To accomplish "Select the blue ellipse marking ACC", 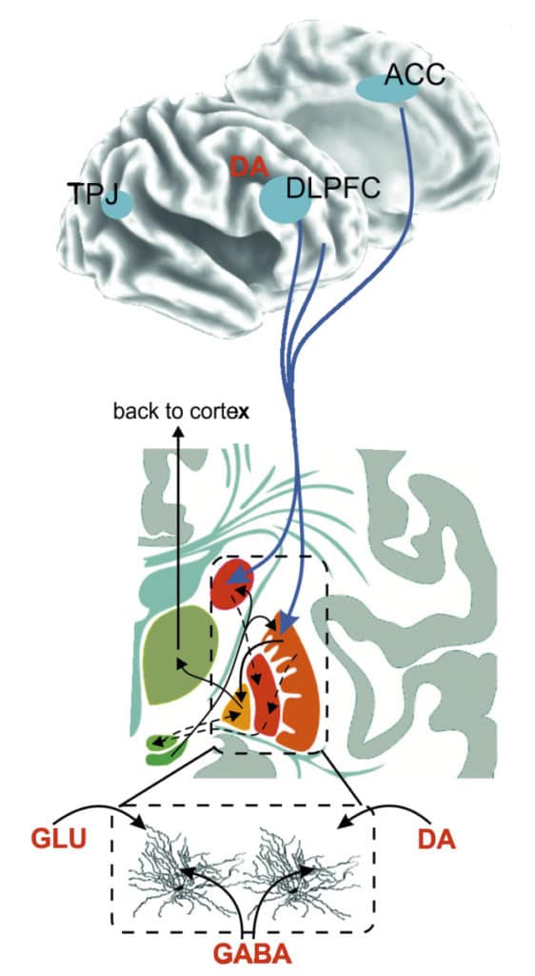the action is click(386, 90).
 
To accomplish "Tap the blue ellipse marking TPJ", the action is click(116, 206).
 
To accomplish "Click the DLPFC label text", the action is click(332, 190).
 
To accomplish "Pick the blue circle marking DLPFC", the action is click(286, 200).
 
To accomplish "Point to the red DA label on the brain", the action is click(248, 166).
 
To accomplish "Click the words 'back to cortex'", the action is click(182, 413).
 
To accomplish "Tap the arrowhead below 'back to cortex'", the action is click(178, 434).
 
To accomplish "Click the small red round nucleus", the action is click(231, 584).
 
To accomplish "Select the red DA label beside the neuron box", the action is click(437, 840).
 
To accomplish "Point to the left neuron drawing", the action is click(184, 871).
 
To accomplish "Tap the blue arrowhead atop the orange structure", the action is click(287, 620).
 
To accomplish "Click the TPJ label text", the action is click(92, 194).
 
